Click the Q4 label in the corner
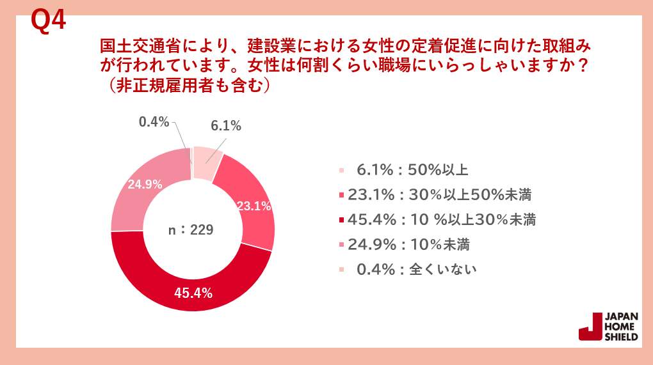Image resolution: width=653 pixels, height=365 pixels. (49, 21)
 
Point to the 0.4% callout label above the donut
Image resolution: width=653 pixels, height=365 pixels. (154, 121)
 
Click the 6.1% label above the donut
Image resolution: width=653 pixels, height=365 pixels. (225, 126)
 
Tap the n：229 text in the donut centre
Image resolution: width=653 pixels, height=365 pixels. (190, 230)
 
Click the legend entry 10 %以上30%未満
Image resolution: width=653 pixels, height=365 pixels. (442, 220)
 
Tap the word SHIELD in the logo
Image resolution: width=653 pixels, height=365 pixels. (620, 337)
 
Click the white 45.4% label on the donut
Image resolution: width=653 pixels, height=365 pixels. (193, 294)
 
